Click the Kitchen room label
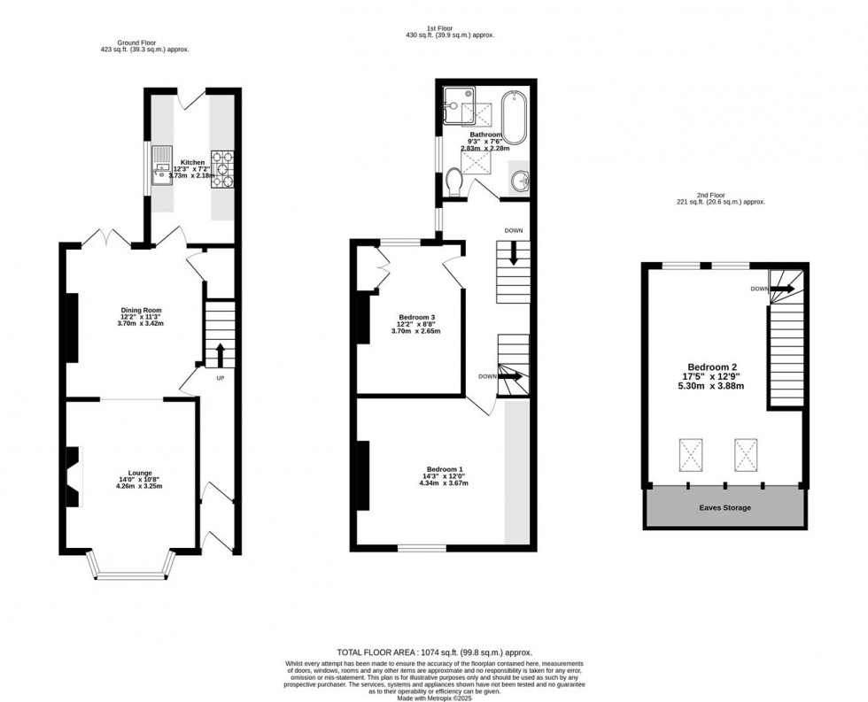pyautogui.click(x=192, y=163)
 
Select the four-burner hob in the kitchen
pyautogui.click(x=221, y=169)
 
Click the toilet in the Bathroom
pyautogui.click(x=454, y=183)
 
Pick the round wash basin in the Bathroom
pyautogui.click(x=521, y=181)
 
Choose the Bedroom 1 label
pyautogui.click(x=444, y=469)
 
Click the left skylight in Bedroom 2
pyautogui.click(x=689, y=455)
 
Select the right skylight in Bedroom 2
pyautogui.click(x=747, y=455)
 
